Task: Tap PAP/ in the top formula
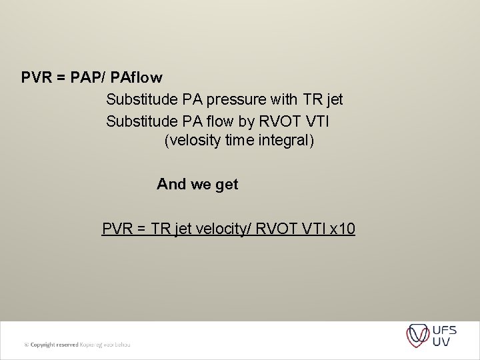[x=87, y=78]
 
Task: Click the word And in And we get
[x=171, y=185]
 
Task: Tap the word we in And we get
[x=200, y=185]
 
